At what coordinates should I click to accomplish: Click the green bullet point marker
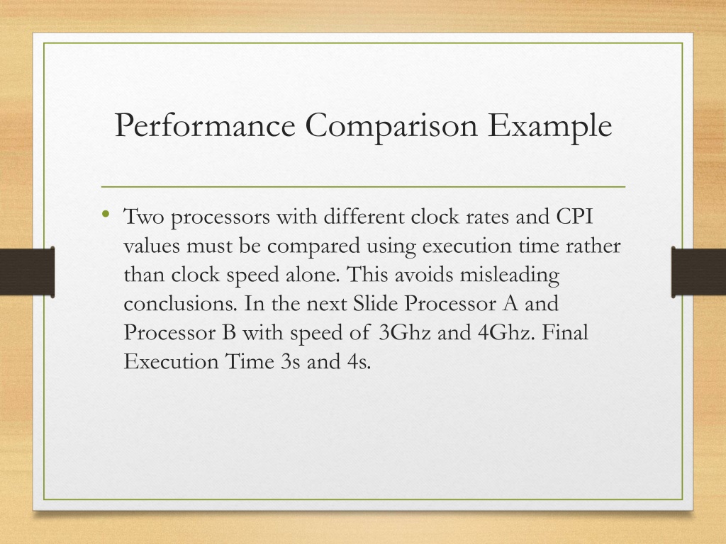(x=106, y=213)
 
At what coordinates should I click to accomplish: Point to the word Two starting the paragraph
(x=144, y=216)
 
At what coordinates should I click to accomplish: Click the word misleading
(x=509, y=276)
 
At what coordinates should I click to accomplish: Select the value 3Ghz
(x=405, y=333)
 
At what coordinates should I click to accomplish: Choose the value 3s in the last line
(x=290, y=362)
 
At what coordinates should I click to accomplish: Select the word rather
(x=593, y=246)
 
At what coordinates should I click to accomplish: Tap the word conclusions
(x=181, y=304)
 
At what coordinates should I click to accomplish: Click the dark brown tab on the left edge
(x=28, y=272)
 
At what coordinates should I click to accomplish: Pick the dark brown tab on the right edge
(x=698, y=272)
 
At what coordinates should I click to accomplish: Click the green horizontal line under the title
(x=363, y=187)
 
